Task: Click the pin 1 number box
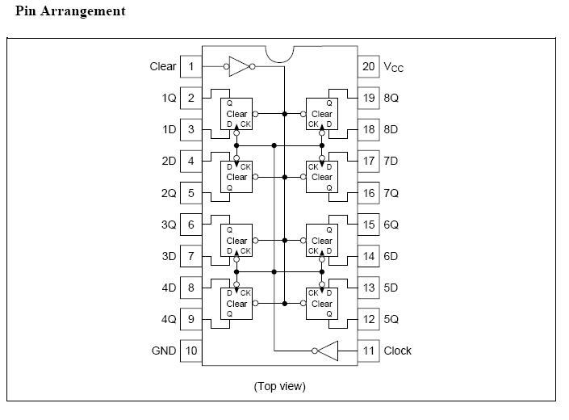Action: click(191, 66)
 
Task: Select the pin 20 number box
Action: click(369, 66)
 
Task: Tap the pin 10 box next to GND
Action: click(191, 351)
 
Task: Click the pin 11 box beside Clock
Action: click(369, 351)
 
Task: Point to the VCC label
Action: click(394, 67)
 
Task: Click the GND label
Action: click(164, 351)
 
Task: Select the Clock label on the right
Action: click(398, 351)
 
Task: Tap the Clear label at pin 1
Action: click(163, 66)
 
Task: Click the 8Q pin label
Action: click(391, 98)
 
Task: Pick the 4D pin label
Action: click(168, 288)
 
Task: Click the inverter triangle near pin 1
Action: click(239, 66)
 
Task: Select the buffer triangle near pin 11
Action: click(326, 351)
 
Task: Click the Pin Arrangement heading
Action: click(70, 11)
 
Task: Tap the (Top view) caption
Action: click(280, 386)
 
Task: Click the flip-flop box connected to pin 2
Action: click(236, 114)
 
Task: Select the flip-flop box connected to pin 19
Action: click(321, 114)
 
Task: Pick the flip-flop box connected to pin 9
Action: click(236, 304)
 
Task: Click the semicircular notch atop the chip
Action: click(279, 57)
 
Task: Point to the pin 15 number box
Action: click(369, 225)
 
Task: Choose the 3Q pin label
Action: click(168, 225)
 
